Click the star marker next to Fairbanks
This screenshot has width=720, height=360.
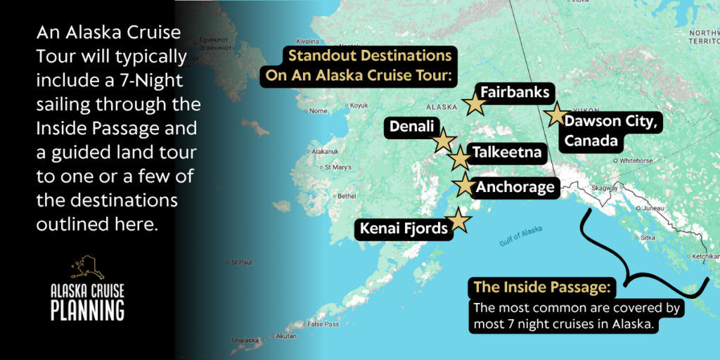pyautogui.click(x=475, y=105)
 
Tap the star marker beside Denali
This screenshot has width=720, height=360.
pyautogui.click(x=443, y=141)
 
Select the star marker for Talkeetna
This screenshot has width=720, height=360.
pyautogui.click(x=459, y=158)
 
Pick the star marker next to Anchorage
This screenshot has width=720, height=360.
pyautogui.click(x=464, y=186)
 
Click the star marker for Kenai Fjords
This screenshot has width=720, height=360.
pyautogui.click(x=458, y=221)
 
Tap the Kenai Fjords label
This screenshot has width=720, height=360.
pyautogui.click(x=404, y=228)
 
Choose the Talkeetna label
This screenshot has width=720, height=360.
pyautogui.click(x=507, y=152)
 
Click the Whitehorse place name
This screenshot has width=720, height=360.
pyautogui.click(x=637, y=160)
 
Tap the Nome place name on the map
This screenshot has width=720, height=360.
pyautogui.click(x=319, y=110)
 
